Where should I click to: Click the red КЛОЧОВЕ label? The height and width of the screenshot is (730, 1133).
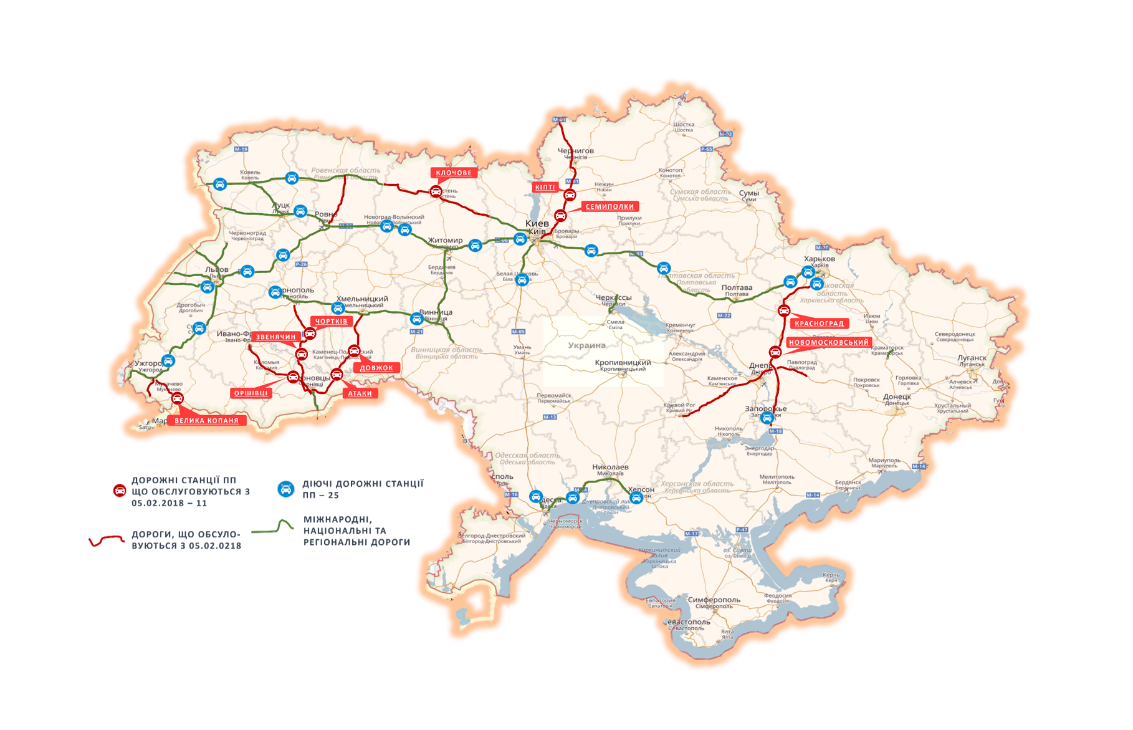[454, 173]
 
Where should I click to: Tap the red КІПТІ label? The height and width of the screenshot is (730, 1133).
[545, 187]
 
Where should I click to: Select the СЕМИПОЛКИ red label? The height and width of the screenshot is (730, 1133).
[610, 206]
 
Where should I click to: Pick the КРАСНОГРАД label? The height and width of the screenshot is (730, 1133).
[819, 324]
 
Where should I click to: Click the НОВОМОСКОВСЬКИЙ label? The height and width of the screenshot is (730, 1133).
[828, 342]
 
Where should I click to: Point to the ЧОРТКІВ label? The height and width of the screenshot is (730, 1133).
[331, 321]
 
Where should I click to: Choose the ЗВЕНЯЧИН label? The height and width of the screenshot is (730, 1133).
[275, 337]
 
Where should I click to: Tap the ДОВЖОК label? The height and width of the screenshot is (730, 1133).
[376, 368]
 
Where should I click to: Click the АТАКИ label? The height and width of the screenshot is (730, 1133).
[360, 393]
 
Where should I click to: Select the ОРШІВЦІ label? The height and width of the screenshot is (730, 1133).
[251, 393]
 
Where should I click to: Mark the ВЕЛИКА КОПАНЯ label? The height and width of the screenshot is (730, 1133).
[206, 421]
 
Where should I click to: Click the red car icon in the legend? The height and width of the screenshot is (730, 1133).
[120, 491]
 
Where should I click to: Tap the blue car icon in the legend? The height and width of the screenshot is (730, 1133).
[286, 489]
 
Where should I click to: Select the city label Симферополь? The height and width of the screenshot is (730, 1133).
[714, 600]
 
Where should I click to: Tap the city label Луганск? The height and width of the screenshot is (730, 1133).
[972, 358]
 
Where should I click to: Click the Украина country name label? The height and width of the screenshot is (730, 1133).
[586, 345]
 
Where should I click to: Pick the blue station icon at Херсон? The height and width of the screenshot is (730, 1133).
[636, 497]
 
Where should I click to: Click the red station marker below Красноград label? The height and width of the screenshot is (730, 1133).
[775, 352]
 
